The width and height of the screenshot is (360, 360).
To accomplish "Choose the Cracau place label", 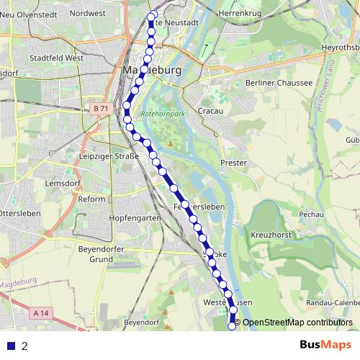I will (x=210, y=112).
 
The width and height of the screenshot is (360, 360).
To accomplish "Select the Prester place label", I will (x=233, y=163).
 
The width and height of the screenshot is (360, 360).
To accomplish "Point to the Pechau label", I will (x=310, y=214).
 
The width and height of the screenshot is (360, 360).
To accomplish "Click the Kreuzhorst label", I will (x=270, y=235).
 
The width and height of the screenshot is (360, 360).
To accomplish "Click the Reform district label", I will (x=91, y=199).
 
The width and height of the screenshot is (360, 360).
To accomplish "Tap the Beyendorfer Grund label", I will (x=105, y=254).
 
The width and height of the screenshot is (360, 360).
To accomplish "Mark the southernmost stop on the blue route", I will (x=232, y=326).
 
